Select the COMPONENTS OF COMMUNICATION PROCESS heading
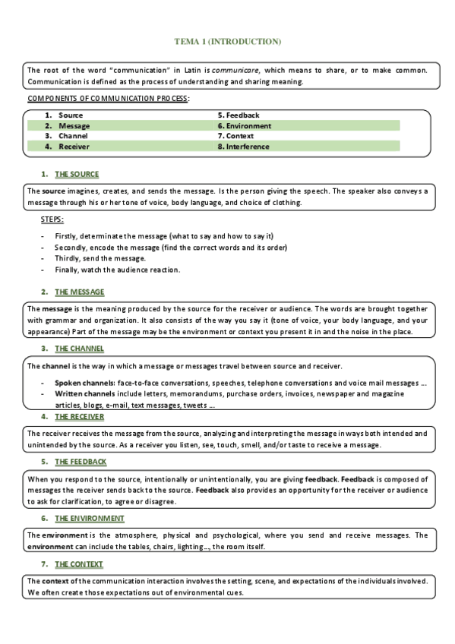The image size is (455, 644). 109,99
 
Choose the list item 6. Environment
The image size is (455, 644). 244,126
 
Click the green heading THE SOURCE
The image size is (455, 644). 77,174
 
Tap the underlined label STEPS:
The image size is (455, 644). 52,220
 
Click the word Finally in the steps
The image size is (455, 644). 66,270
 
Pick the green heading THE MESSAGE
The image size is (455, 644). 80,292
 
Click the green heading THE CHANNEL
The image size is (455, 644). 79,349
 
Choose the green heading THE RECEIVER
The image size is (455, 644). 80,417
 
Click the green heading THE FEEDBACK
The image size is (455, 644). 81,462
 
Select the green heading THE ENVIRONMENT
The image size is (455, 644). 90,518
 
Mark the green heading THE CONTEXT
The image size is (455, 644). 79,564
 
